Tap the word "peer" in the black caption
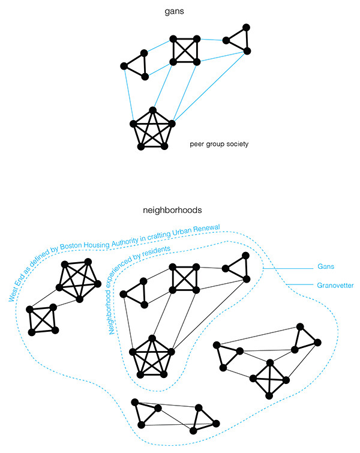196,144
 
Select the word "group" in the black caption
214,144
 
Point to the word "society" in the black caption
236,144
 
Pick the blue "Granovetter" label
335,285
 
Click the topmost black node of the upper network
246,27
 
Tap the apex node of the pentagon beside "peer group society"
153,110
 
